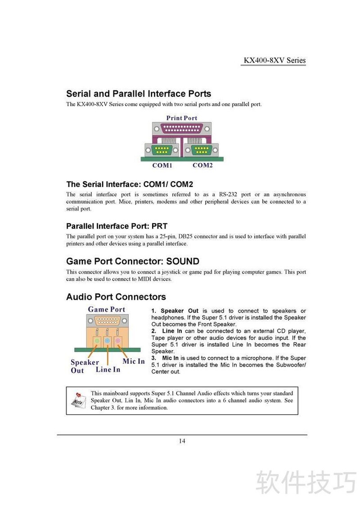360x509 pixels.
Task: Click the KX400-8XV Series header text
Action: tap(274, 60)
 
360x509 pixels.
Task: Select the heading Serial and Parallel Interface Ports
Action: tap(139, 94)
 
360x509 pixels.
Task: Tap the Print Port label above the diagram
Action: tap(182, 118)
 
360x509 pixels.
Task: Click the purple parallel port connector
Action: tap(182, 129)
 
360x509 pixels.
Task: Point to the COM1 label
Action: tap(162, 165)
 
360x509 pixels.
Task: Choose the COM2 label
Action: tap(202, 165)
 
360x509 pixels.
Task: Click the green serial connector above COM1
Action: tap(162, 150)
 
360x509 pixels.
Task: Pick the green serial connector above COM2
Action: tap(202, 150)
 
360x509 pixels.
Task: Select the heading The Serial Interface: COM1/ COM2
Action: tap(130, 184)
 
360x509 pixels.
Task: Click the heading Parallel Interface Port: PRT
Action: tap(117, 226)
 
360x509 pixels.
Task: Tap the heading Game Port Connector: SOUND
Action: tap(133, 261)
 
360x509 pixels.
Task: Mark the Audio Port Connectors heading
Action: tap(116, 297)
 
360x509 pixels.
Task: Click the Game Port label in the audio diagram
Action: tap(107, 309)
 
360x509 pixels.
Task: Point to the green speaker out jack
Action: tap(97, 341)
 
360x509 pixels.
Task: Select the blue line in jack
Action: tap(108, 341)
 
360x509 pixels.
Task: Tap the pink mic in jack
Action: tap(118, 341)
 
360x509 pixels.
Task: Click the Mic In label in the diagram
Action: tap(134, 362)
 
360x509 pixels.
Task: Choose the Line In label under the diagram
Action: tap(108, 370)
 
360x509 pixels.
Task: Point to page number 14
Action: tap(182, 441)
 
